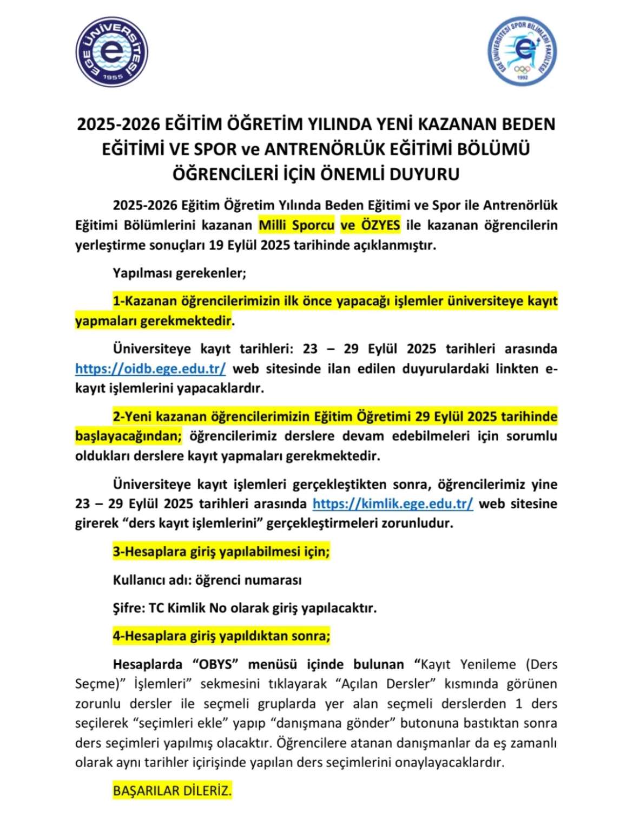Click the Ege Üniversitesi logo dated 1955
pyautogui.click(x=111, y=52)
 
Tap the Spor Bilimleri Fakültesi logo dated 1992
pyautogui.click(x=522, y=51)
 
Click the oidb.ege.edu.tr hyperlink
pyautogui.click(x=150, y=369)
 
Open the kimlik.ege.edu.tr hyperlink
pyautogui.click(x=393, y=503)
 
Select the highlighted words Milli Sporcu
pyautogui.click(x=296, y=225)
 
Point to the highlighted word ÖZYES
pyautogui.click(x=380, y=225)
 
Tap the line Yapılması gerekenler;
pyautogui.click(x=179, y=273)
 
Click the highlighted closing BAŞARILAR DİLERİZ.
pyautogui.click(x=172, y=790)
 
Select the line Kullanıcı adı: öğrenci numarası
pyautogui.click(x=207, y=580)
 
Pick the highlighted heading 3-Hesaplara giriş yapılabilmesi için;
pyautogui.click(x=221, y=552)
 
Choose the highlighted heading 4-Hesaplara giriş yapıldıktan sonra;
pyautogui.click(x=221, y=636)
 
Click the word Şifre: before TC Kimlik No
pyautogui.click(x=129, y=608)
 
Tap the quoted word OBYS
pyautogui.click(x=216, y=664)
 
